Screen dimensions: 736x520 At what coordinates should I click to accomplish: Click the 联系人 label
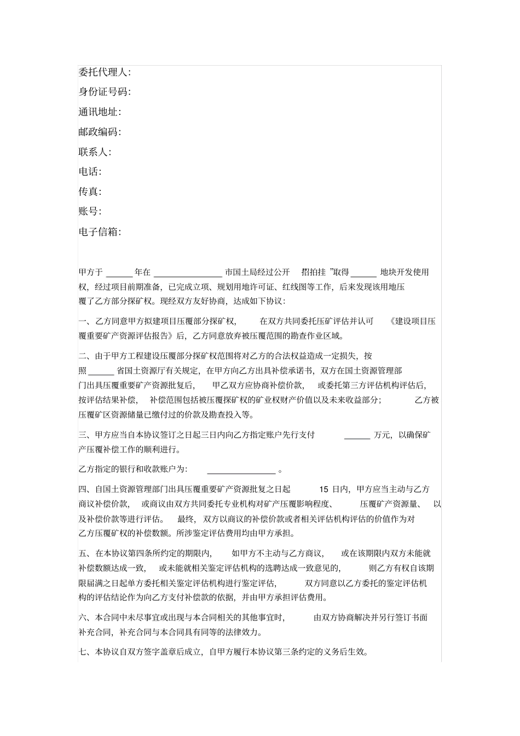(x=95, y=152)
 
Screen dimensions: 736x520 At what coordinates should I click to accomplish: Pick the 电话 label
(x=90, y=172)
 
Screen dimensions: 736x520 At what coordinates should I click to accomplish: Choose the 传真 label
(x=90, y=192)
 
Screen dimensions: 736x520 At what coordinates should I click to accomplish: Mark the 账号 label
(x=90, y=211)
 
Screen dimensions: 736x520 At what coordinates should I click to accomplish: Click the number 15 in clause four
(x=323, y=489)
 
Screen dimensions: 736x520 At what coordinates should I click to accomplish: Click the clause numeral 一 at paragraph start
(x=83, y=321)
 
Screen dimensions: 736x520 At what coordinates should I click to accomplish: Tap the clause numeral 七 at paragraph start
(x=83, y=652)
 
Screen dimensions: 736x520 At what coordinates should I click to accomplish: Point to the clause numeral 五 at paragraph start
(x=83, y=554)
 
